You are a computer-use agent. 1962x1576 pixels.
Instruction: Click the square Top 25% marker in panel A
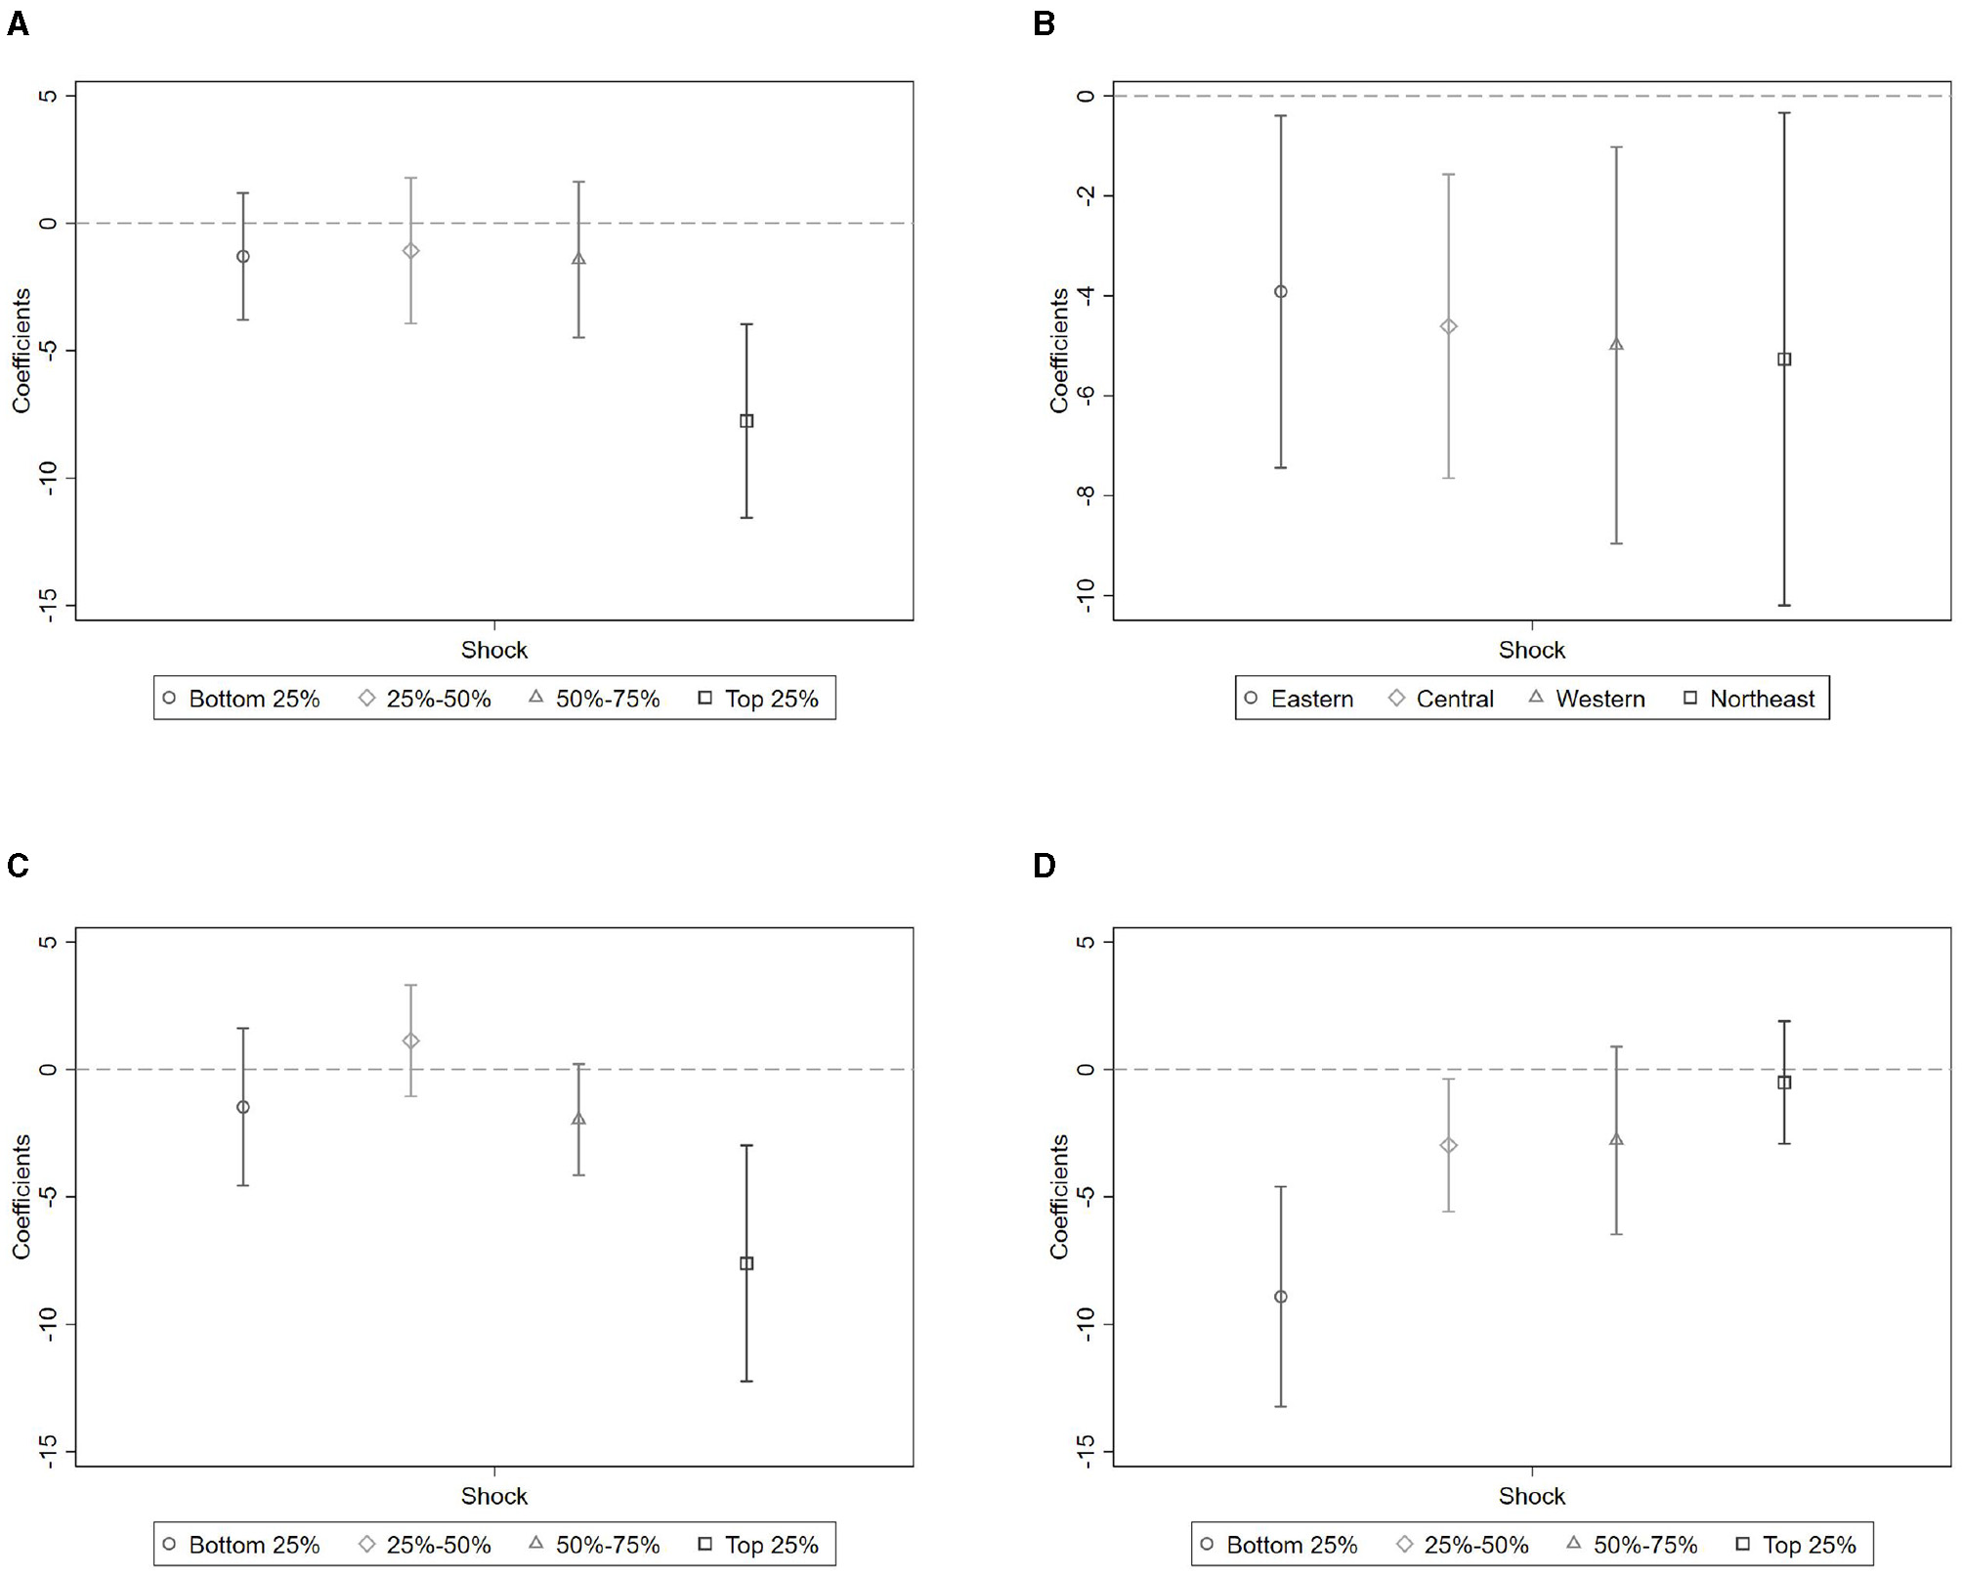coord(746,421)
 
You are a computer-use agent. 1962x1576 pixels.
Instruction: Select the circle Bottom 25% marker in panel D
coord(1280,1297)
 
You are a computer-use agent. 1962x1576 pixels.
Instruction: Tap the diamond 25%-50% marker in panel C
coord(411,1041)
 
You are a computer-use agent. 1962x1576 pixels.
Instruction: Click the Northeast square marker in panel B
coord(1784,360)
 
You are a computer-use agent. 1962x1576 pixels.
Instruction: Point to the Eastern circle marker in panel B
coord(1280,291)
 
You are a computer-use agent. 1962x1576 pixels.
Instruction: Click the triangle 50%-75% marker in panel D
coord(1616,1139)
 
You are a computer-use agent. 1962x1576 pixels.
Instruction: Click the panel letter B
coord(1044,23)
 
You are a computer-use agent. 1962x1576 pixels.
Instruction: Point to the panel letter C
coord(18,866)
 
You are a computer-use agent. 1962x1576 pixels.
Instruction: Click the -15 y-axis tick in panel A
coord(48,606)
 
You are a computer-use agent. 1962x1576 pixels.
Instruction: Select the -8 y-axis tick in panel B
coord(1086,495)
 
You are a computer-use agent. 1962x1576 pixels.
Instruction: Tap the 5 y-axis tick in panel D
coord(1086,942)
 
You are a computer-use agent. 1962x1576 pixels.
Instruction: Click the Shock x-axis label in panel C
coord(493,1496)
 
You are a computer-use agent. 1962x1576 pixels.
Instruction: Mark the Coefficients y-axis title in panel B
coord(1059,350)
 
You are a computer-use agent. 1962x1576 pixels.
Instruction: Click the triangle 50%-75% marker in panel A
coord(578,259)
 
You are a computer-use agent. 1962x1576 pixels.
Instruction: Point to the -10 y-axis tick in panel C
coord(48,1324)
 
